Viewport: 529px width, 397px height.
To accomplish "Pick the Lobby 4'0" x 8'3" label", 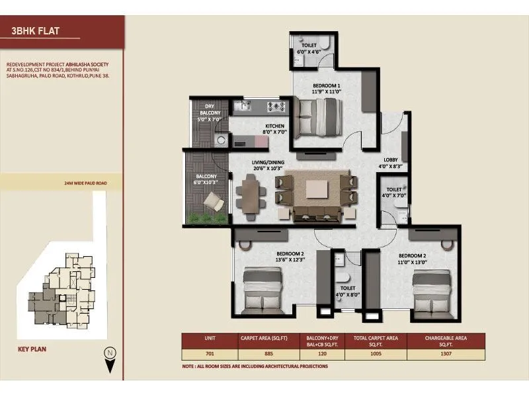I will [390, 163].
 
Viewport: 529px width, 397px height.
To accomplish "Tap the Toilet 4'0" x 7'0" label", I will [397, 193].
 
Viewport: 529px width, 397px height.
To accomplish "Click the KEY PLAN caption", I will [32, 347].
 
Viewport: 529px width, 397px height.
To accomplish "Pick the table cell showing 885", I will [268, 354].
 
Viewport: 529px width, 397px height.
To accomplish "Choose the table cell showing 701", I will [210, 354].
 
